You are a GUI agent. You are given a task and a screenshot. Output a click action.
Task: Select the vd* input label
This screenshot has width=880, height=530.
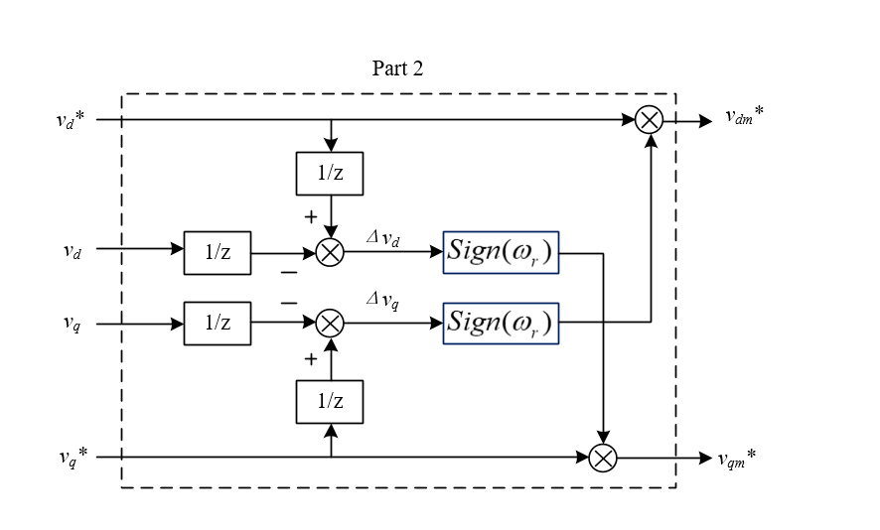click(71, 120)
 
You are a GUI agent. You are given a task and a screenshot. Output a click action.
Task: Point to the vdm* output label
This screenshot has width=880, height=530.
click(743, 117)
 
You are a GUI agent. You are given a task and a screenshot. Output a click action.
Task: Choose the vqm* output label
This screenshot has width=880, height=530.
click(737, 458)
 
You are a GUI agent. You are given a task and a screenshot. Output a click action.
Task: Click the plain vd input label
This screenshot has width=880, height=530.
click(72, 252)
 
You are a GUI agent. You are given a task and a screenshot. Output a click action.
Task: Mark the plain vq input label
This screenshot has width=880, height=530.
click(72, 323)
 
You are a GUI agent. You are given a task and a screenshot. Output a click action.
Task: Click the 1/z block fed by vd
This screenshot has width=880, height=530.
click(218, 252)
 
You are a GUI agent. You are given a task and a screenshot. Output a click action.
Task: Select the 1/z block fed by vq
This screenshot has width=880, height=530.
click(218, 323)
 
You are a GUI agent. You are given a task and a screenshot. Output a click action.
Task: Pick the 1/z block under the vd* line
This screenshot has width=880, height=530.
click(330, 174)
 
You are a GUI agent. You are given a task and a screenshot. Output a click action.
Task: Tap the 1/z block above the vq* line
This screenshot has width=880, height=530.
click(330, 401)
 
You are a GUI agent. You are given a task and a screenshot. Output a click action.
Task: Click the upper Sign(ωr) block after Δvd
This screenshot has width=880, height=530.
click(502, 252)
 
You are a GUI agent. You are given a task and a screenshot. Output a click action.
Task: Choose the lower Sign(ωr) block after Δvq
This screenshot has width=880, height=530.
click(502, 323)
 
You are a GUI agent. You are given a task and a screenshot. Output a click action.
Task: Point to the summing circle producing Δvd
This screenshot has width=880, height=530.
click(330, 252)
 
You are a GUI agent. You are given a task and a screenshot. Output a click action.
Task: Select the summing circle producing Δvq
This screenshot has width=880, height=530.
click(330, 323)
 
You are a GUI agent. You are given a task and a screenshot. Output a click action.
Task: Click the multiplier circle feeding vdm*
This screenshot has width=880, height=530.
click(650, 120)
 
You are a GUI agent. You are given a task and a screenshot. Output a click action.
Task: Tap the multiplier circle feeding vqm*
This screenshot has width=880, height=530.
click(603, 458)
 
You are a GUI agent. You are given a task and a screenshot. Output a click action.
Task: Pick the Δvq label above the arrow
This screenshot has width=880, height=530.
click(382, 303)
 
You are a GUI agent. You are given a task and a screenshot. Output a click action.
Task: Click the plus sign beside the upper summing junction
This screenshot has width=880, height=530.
click(310, 215)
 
